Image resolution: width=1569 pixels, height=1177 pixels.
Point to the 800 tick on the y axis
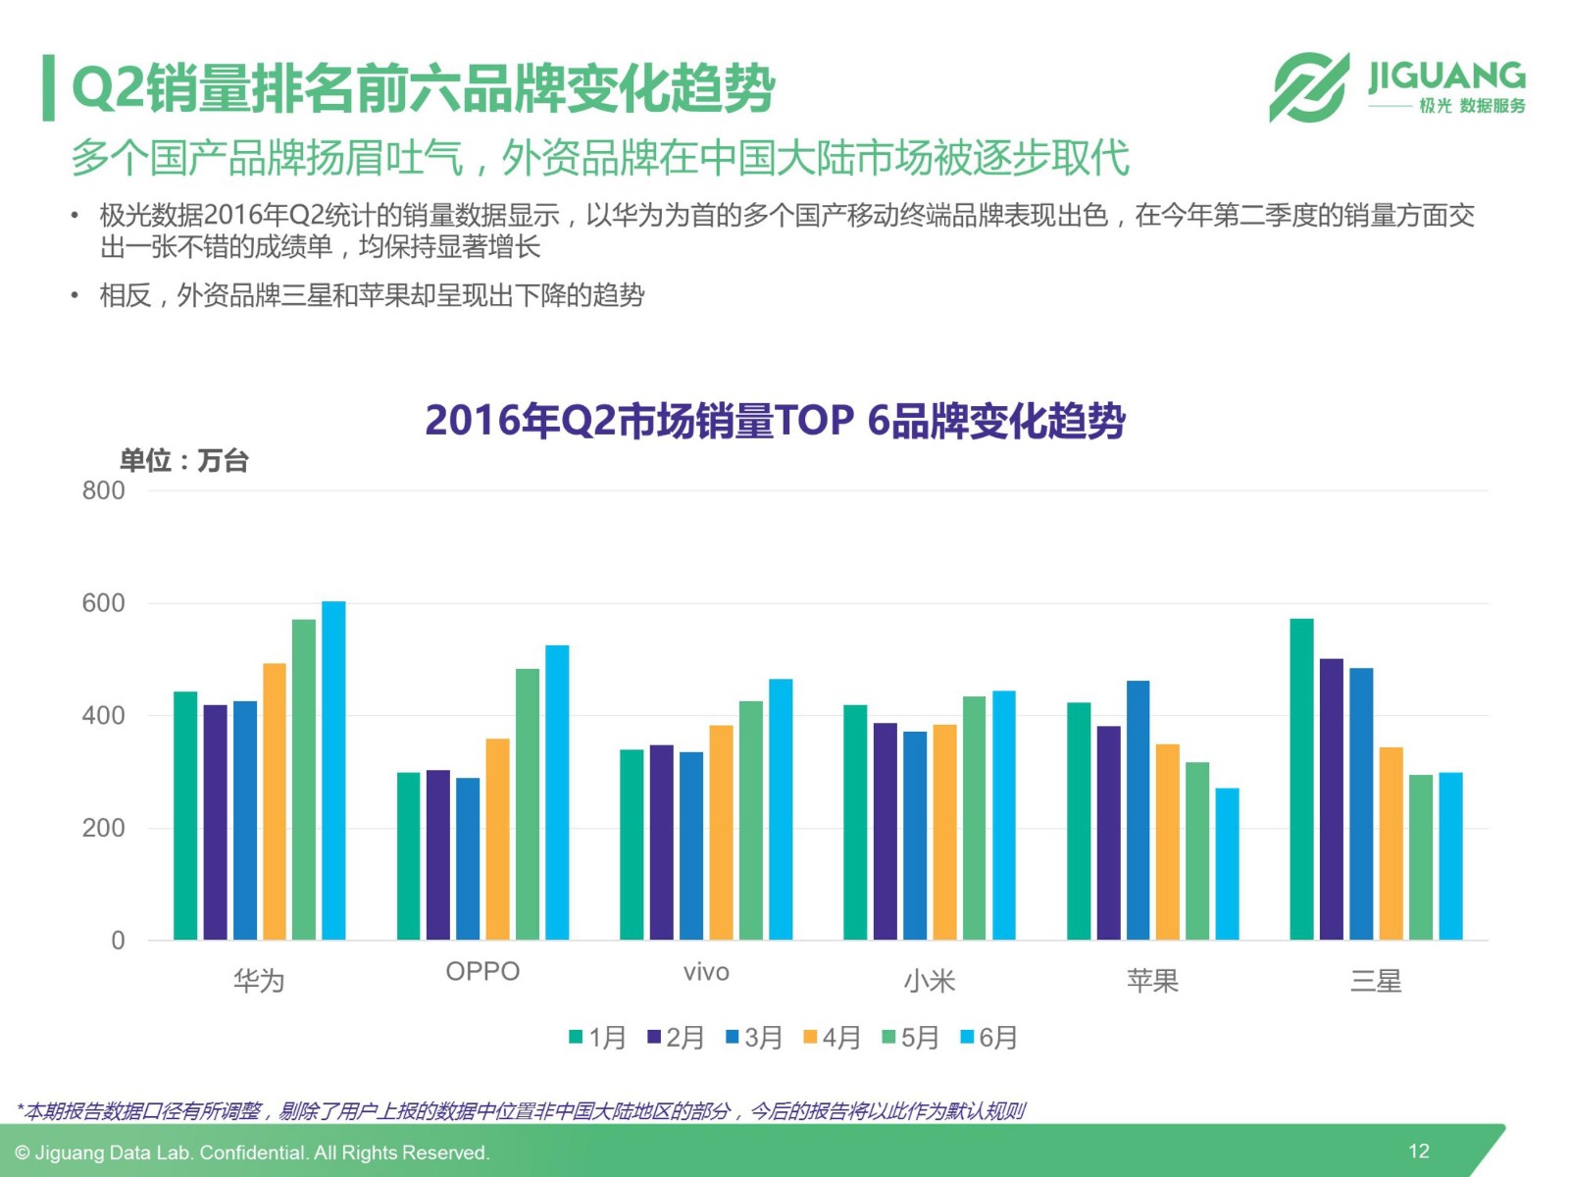(x=103, y=490)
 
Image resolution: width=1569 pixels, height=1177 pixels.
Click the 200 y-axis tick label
(x=103, y=828)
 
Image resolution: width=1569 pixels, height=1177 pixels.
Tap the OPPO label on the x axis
(x=482, y=971)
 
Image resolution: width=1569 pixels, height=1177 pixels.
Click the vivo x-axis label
(x=706, y=972)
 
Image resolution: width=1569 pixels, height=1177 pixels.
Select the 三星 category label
(x=1376, y=980)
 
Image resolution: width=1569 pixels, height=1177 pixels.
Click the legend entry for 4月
(x=832, y=1037)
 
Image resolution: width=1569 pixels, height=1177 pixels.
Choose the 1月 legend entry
(x=597, y=1037)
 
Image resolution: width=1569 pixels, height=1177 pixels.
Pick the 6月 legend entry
(x=988, y=1037)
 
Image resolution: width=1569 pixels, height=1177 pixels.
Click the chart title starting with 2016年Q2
(x=775, y=420)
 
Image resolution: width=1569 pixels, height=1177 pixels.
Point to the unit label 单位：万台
(x=183, y=460)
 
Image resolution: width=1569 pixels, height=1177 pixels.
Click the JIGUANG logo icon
(x=1309, y=87)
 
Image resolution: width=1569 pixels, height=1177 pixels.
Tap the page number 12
(x=1418, y=1151)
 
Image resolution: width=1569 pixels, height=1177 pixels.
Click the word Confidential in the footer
(x=251, y=1152)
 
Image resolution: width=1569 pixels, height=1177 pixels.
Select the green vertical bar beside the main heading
(x=48, y=88)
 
